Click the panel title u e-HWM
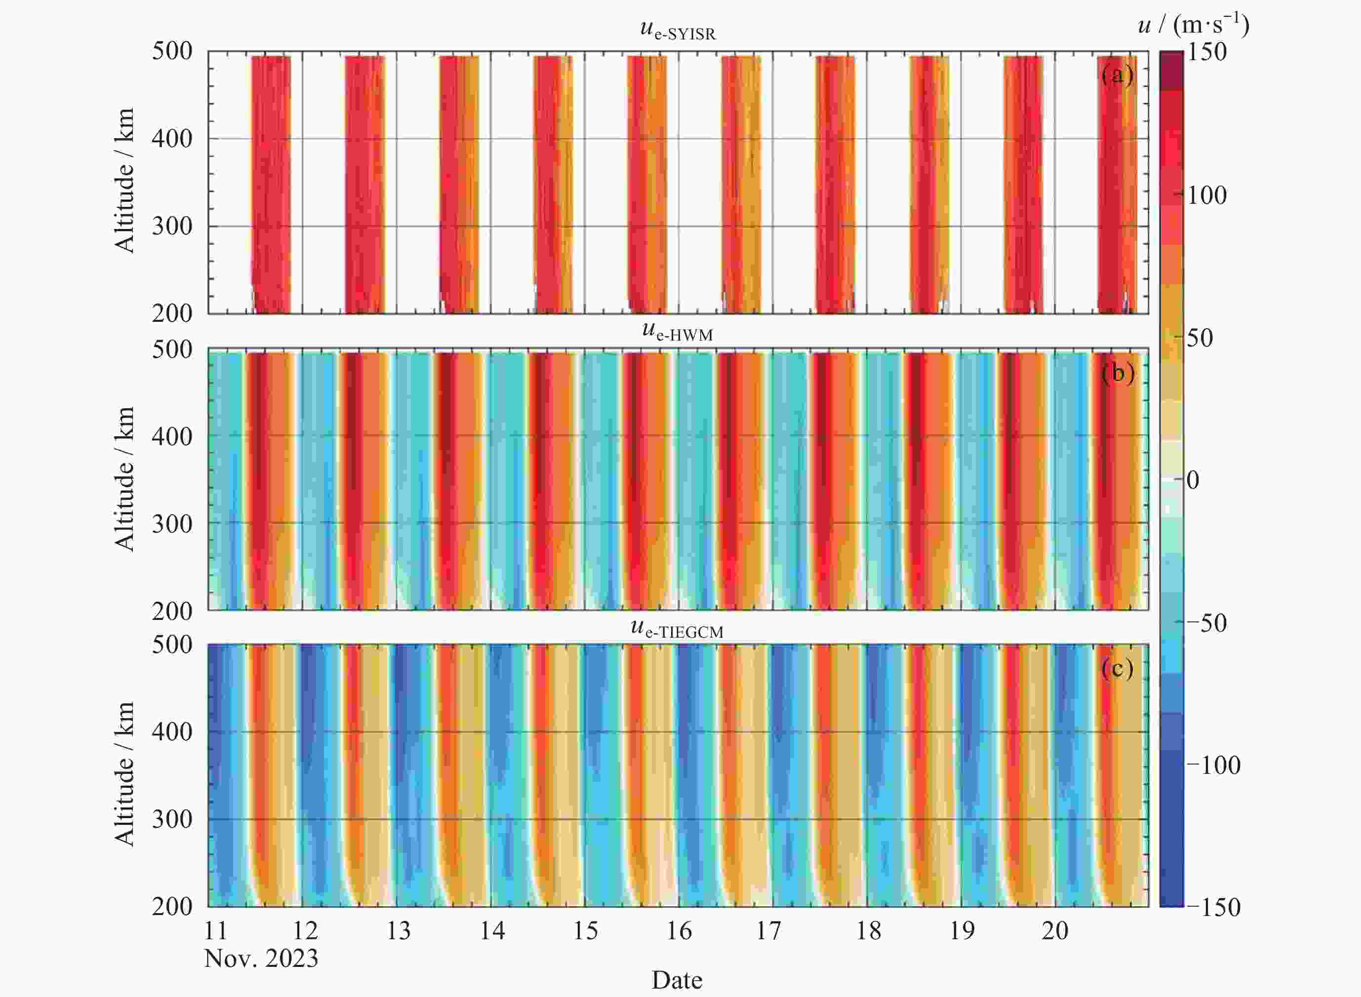coord(678,331)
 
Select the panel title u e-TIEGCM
coord(677,628)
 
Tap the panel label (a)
coord(1117,75)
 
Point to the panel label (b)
coord(1118,374)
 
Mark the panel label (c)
coord(1117,669)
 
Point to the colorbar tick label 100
coord(1207,195)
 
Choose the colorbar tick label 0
coord(1193,480)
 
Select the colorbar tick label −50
coord(1206,623)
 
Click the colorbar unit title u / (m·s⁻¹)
coord(1193,25)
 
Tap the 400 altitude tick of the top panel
coord(172,139)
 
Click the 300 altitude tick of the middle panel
coord(172,524)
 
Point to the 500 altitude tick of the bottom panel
coord(172,645)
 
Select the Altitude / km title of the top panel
coord(124,181)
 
